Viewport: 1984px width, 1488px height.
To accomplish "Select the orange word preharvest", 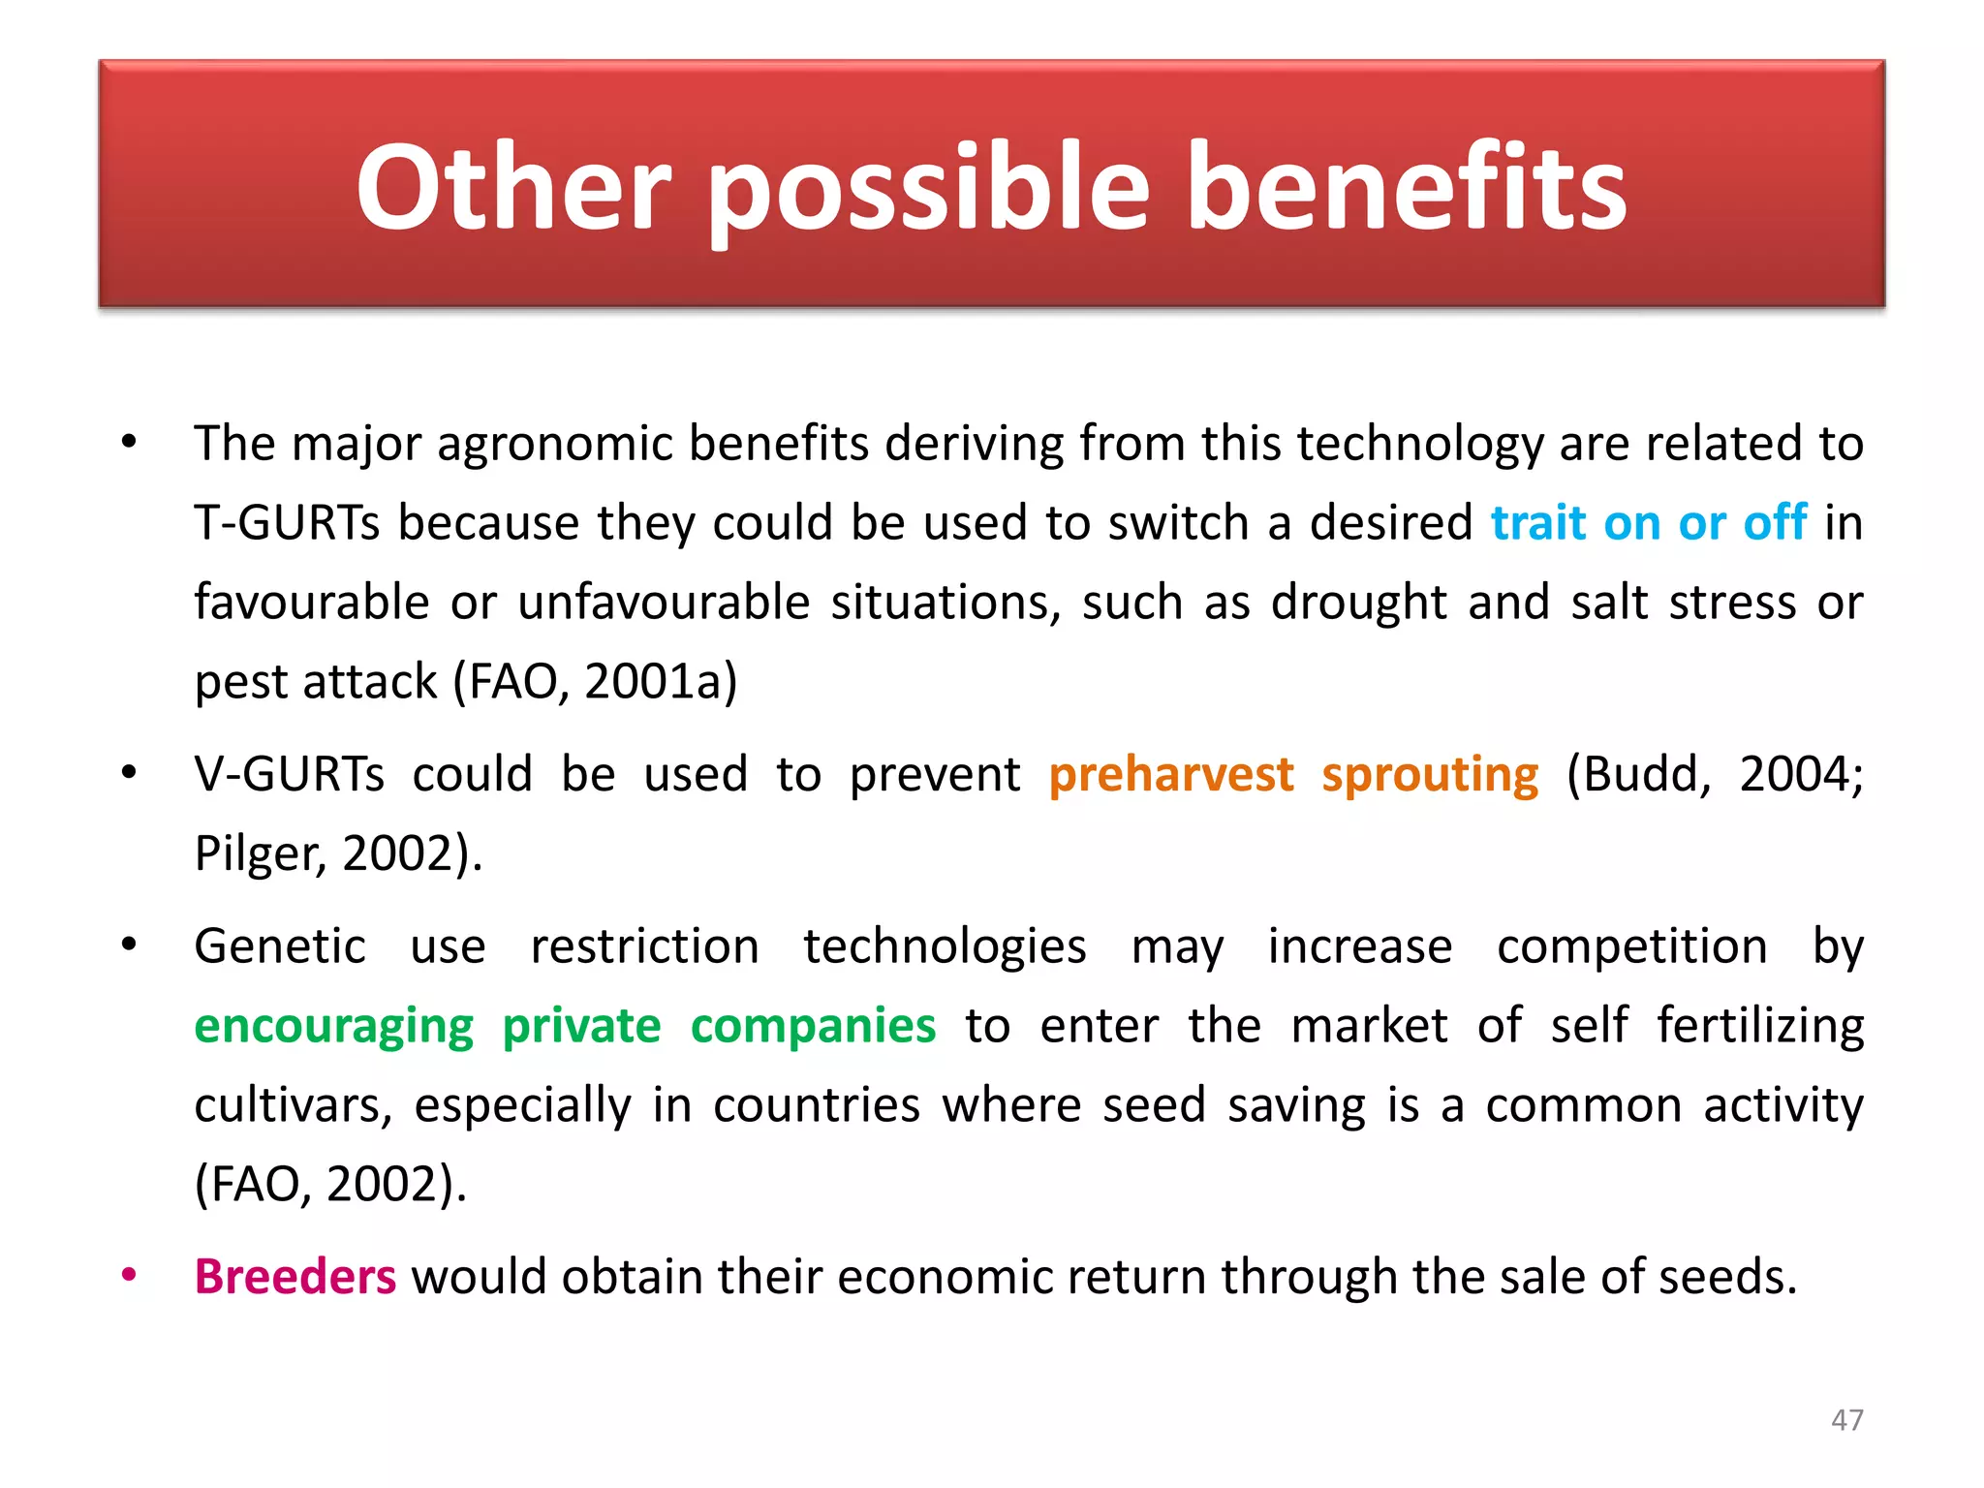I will [x=1170, y=775].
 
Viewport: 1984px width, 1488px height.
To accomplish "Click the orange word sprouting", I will [x=1430, y=775].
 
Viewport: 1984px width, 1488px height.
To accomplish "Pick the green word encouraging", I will [x=334, y=1026].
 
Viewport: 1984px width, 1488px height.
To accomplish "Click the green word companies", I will [x=813, y=1026].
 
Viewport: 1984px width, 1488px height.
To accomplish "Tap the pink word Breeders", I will [x=295, y=1276].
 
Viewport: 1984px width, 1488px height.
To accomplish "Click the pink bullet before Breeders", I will [x=129, y=1275].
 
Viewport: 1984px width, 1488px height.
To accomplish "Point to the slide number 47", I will [x=1846, y=1419].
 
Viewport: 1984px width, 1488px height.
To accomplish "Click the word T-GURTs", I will [x=287, y=523].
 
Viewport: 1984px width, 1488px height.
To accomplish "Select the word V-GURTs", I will [x=290, y=775].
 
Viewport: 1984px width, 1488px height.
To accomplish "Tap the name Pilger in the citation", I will [x=254, y=854].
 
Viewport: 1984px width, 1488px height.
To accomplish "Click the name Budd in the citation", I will [x=1647, y=775].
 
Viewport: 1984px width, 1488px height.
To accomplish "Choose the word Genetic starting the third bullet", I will [x=280, y=946].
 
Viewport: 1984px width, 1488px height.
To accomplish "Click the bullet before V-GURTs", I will [x=129, y=773].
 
